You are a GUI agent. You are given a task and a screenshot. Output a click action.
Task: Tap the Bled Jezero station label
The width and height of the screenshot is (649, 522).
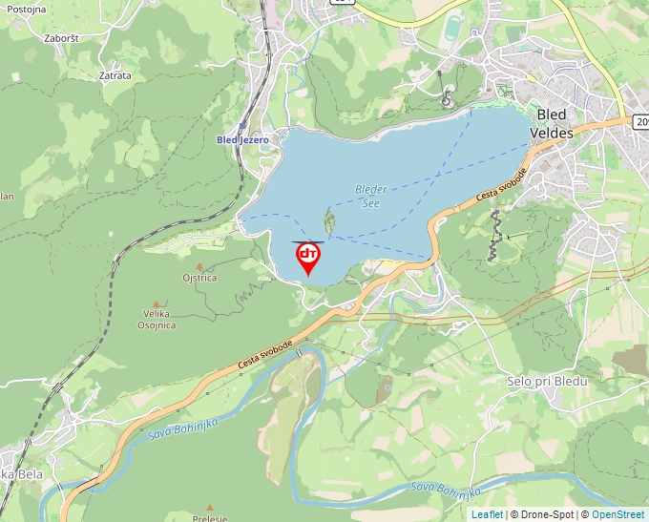tap(242, 139)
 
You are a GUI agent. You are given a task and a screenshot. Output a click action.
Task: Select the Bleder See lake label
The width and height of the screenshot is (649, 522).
tap(371, 196)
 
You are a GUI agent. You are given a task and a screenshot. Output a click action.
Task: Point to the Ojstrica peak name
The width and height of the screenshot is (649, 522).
tap(200, 278)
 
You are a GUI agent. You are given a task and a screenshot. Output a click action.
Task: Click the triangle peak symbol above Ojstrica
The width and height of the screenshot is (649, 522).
tap(199, 266)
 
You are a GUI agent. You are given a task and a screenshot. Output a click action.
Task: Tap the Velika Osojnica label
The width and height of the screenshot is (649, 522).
tap(157, 319)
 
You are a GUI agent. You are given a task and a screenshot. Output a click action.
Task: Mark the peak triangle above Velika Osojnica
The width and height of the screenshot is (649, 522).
tap(157, 303)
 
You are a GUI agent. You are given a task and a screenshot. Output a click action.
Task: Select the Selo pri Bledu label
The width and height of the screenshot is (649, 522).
tap(547, 381)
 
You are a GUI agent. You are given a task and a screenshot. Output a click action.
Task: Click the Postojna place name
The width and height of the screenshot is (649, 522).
tap(27, 8)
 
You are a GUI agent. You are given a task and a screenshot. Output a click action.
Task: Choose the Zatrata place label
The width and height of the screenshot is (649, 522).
tap(115, 74)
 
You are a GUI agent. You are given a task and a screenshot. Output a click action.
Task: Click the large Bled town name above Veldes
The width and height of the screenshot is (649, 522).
tap(552, 115)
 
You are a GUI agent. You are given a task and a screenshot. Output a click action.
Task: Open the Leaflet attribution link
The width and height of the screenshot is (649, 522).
tap(487, 514)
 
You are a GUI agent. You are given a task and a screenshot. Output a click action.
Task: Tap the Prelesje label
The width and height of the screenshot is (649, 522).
tap(209, 518)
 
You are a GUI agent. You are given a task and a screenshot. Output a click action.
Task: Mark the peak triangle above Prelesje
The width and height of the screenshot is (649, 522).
tap(209, 507)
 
